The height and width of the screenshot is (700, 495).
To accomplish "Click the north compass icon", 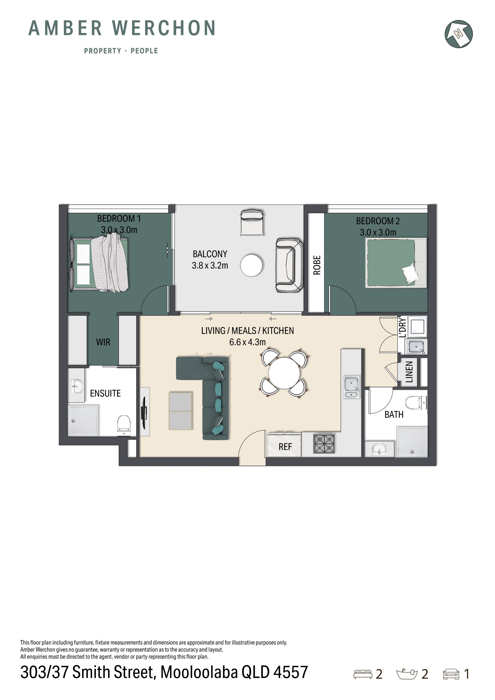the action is click(x=458, y=34).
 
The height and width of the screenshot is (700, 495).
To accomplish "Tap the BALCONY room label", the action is click(x=210, y=254).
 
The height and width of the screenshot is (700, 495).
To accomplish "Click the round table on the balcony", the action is click(x=251, y=265).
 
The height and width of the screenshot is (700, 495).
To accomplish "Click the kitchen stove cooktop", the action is click(x=324, y=444).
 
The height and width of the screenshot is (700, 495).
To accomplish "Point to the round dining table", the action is click(x=284, y=373).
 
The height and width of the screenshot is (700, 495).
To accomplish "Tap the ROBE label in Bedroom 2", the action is click(x=317, y=265).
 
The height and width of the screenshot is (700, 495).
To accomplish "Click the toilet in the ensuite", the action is click(x=124, y=425).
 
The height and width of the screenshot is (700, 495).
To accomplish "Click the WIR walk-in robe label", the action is click(x=103, y=342).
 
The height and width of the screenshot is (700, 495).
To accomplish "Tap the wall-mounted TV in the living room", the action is click(x=144, y=411).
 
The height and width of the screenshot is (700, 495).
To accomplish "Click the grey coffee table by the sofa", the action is click(x=180, y=411).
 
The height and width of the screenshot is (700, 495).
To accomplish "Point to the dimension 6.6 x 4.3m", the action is click(x=247, y=342).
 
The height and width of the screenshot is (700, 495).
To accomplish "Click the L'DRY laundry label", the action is click(x=403, y=327).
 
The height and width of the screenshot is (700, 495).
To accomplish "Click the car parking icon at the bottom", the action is click(x=451, y=674).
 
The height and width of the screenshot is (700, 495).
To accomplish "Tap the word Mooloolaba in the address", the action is click(x=199, y=672).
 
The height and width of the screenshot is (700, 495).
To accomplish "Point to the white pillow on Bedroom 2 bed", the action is click(x=410, y=273).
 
